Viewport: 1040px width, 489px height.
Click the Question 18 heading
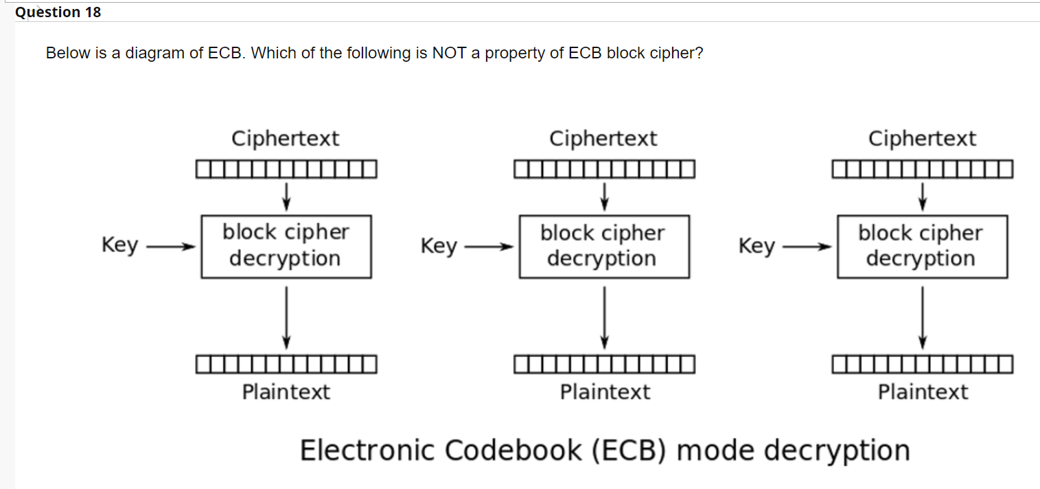point(58,12)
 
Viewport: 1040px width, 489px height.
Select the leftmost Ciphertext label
point(285,139)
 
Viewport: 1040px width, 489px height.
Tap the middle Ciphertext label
point(603,139)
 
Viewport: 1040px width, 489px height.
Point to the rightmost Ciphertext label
point(921,139)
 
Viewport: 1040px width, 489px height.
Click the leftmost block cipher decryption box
point(286,246)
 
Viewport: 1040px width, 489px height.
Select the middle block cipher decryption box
point(603,246)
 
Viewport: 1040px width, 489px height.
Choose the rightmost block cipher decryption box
point(922,246)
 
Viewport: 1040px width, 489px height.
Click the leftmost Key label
point(119,245)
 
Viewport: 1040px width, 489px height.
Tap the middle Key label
point(439,245)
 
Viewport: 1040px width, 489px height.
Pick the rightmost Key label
point(756,245)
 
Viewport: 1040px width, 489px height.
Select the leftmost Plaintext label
point(286,392)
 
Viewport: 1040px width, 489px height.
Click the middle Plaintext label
point(604,392)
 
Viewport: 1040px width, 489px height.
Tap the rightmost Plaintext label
point(923,392)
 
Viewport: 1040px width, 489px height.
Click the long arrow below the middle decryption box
point(604,317)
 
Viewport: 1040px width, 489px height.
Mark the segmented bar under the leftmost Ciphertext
point(286,168)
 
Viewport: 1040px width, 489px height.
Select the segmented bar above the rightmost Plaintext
point(922,363)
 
